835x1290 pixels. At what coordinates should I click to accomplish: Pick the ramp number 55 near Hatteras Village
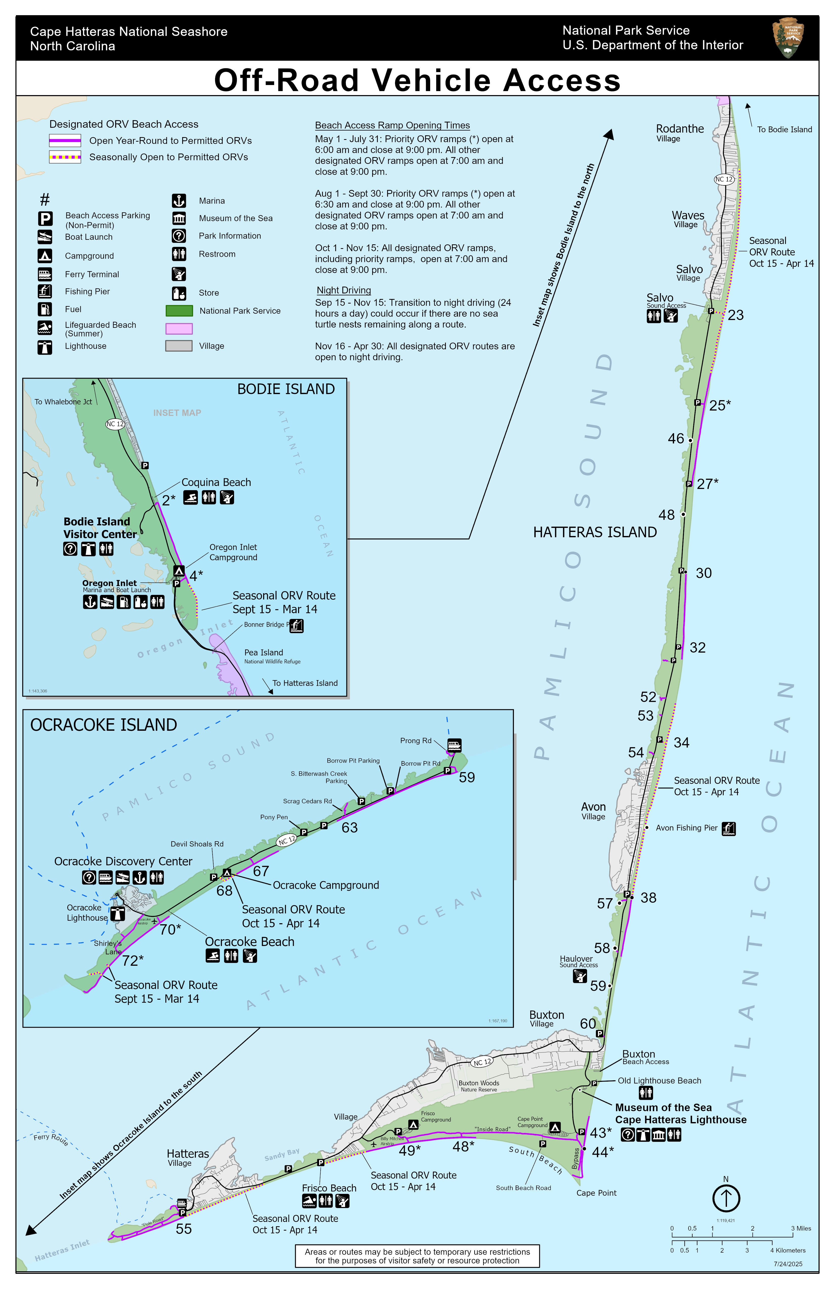point(184,1229)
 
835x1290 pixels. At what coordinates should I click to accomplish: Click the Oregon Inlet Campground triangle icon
point(179,571)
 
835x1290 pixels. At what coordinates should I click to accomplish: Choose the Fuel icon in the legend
point(45,309)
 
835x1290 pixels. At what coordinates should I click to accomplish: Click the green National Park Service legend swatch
point(179,311)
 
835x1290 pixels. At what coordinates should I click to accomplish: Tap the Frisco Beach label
point(329,1188)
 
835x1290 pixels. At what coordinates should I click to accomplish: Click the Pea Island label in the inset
point(263,653)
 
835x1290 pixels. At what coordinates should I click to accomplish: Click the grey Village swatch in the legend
point(179,346)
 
